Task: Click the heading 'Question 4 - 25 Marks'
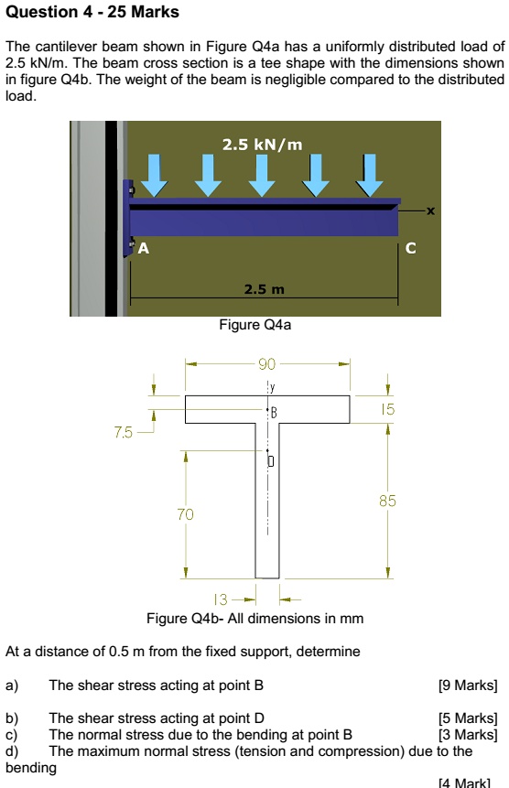[x=92, y=13]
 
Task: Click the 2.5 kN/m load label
[x=262, y=144]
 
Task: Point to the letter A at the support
[x=142, y=246]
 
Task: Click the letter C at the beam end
[x=409, y=247]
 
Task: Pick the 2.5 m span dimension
[x=265, y=290]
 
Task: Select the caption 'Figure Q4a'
[x=255, y=324]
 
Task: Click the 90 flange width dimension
[x=267, y=364]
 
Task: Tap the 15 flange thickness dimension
[x=388, y=410]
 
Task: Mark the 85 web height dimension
[x=388, y=501]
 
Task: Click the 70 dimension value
[x=186, y=515]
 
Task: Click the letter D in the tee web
[x=272, y=461]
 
